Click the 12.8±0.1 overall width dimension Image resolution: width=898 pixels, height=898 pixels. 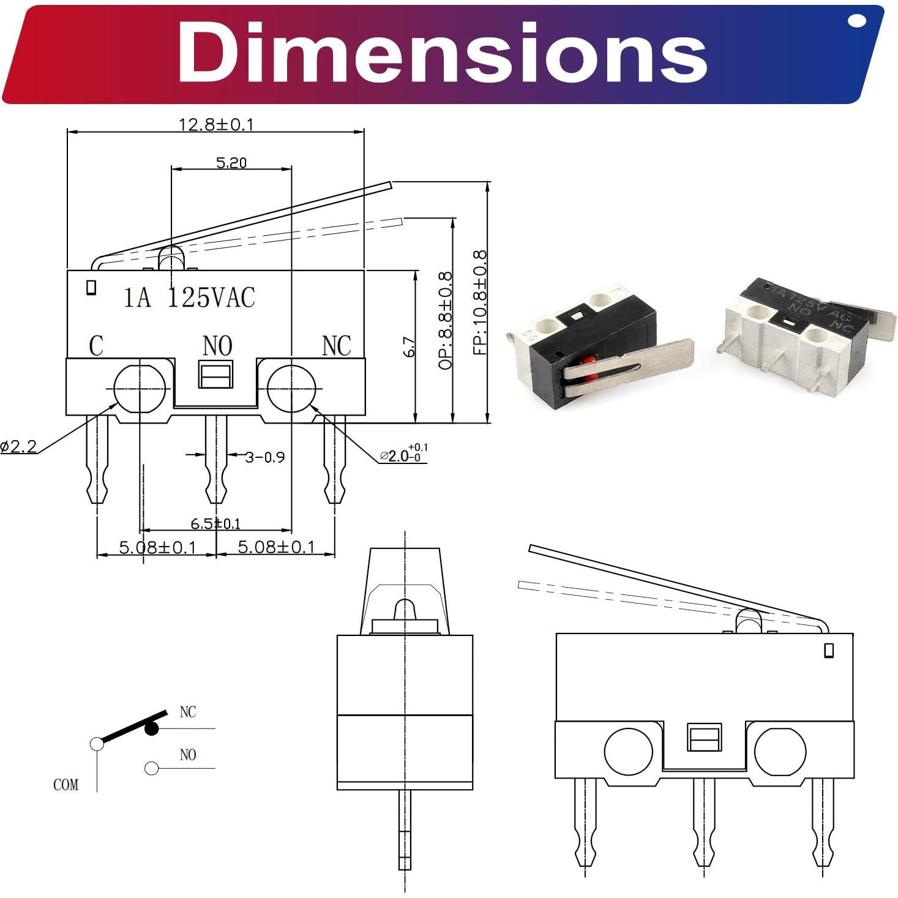coord(215,124)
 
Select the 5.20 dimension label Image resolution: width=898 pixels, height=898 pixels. coord(231,162)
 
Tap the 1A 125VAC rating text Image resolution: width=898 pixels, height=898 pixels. coord(189,297)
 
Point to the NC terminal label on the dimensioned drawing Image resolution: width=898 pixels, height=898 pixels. coord(336,346)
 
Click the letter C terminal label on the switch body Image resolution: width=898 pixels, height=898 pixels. coord(96,346)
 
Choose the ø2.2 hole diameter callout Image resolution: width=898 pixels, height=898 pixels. coord(19,447)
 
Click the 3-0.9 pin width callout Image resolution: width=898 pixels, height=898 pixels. coord(264,457)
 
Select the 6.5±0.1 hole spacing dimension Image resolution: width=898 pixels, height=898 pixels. coord(215,523)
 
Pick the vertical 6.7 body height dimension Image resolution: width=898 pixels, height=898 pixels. coord(410,347)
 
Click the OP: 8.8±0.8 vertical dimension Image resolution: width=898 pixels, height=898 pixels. coord(446,320)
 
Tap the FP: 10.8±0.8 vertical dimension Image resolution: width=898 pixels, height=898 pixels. coord(481,302)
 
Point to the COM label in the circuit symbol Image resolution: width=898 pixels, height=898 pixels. coord(65,785)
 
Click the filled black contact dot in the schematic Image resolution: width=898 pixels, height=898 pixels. coord(151,728)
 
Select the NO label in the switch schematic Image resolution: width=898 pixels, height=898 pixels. coord(188,755)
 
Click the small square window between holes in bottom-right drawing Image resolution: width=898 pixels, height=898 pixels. coord(705,737)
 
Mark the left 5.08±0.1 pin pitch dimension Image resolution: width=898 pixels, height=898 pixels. coord(157,547)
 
